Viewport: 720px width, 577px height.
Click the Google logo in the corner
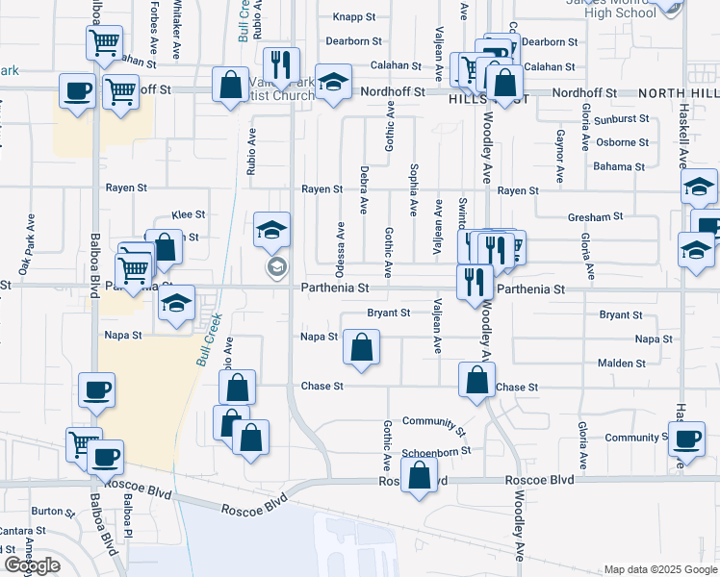pos(32,565)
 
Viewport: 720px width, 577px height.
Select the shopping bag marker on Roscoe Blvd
pos(420,477)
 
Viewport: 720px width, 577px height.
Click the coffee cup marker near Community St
pos(686,440)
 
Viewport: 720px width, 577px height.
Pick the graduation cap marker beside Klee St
pos(272,231)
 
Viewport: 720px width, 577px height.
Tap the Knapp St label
pos(352,17)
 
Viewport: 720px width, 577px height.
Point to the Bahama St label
pos(619,167)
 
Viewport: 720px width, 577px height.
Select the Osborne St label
pos(622,142)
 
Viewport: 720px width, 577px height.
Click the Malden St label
pos(621,364)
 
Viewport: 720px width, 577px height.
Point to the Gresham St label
pos(589,217)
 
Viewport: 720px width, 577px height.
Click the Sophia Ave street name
pos(413,188)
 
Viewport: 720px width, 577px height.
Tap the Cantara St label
pos(23,531)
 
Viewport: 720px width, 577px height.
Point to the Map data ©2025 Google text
pos(659,569)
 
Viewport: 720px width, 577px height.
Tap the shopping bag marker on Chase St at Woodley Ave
pos(477,380)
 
